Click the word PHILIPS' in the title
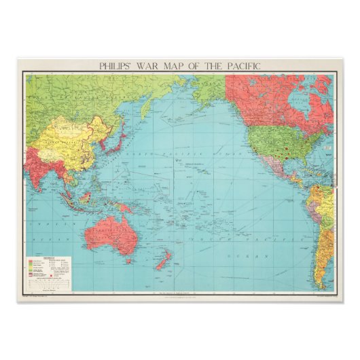[115, 67]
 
